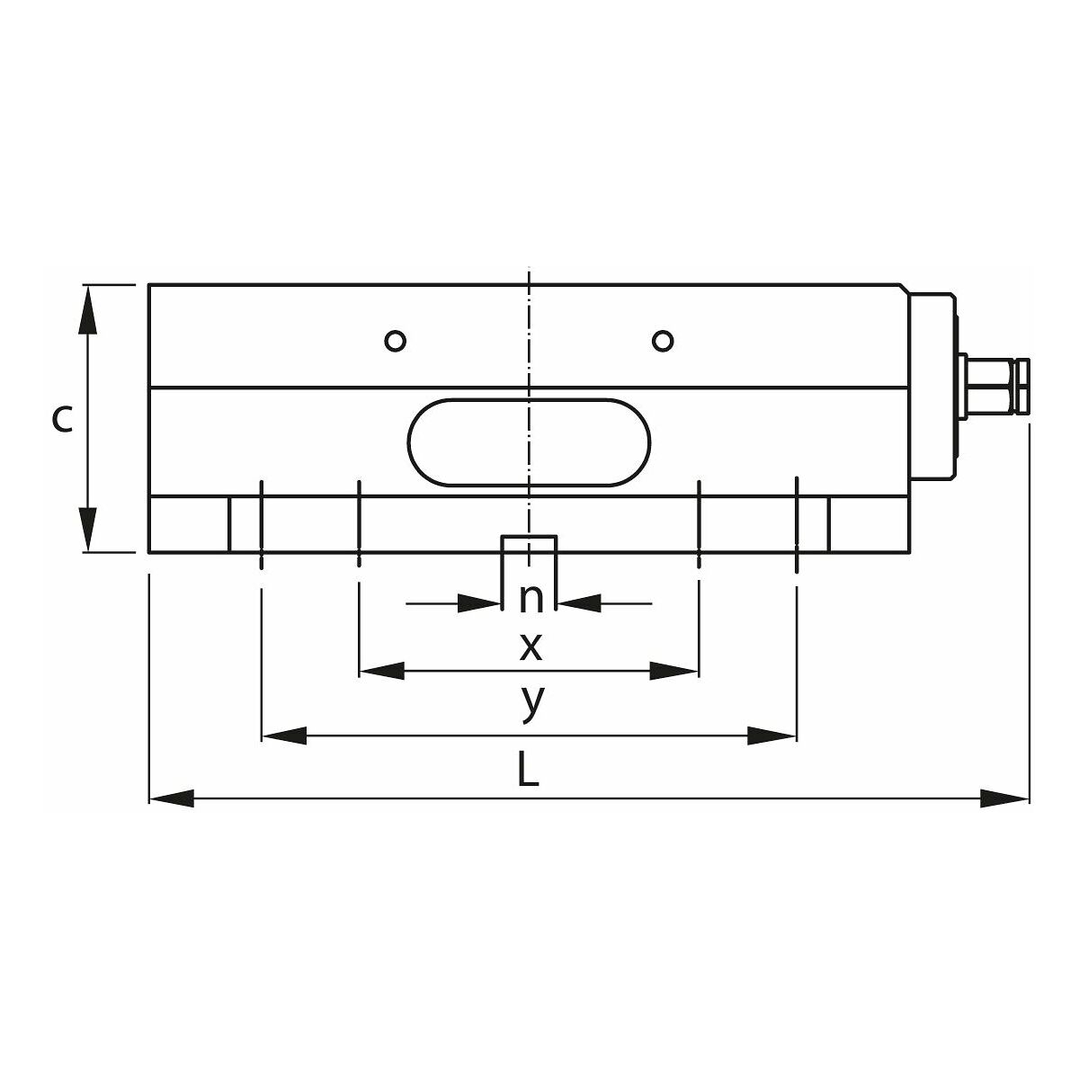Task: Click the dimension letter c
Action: coord(62,419)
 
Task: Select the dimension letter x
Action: coord(531,647)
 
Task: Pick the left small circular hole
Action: coord(396,341)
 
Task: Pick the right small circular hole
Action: coord(663,341)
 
